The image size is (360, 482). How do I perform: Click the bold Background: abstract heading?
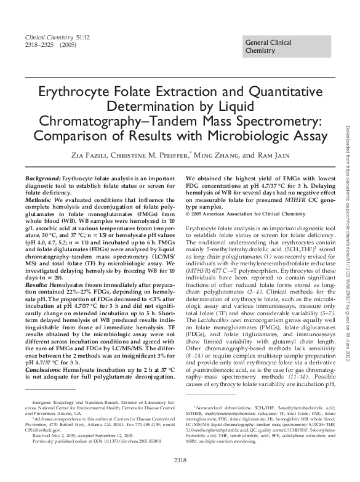43,178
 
